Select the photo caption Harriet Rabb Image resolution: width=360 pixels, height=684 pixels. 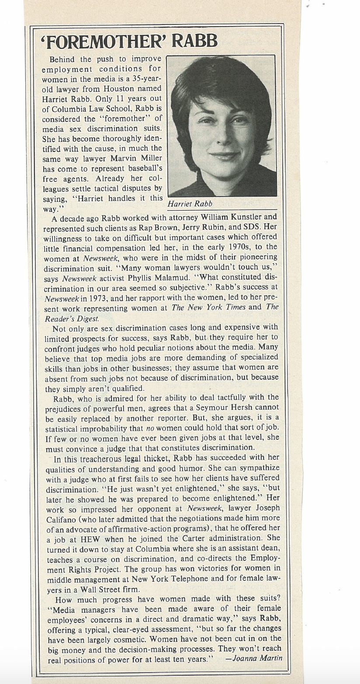click(190, 204)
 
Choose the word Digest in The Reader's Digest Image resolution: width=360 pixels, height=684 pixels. click(86, 318)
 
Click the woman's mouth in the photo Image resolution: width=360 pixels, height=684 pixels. click(224, 155)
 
